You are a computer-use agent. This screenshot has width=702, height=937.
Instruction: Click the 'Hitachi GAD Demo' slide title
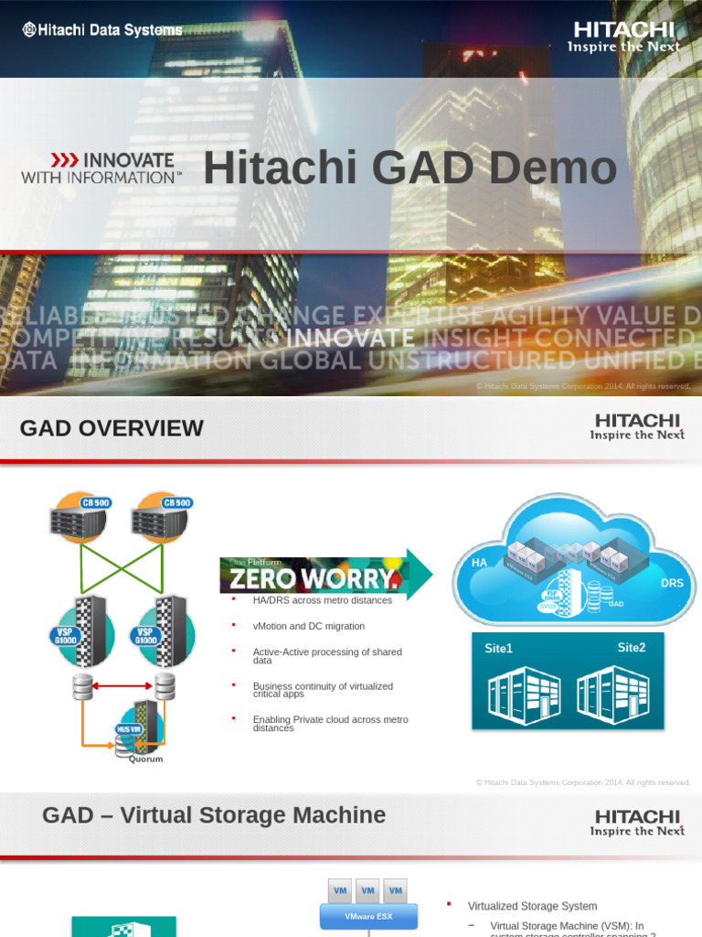click(x=409, y=169)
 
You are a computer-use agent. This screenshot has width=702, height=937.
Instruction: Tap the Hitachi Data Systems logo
click(x=101, y=30)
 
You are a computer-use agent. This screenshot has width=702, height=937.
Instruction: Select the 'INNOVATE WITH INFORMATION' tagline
click(x=101, y=168)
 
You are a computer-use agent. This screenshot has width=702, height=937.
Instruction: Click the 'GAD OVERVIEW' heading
click(x=112, y=428)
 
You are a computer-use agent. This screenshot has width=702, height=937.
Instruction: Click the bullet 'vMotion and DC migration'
click(x=308, y=626)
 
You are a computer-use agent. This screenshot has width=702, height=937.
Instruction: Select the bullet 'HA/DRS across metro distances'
click(x=322, y=600)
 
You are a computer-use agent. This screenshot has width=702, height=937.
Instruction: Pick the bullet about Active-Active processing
click(x=326, y=656)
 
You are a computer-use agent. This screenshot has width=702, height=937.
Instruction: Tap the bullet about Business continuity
click(x=322, y=690)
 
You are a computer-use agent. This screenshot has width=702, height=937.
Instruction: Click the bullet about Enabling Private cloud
click(x=330, y=724)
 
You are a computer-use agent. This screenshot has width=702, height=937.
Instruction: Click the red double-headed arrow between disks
click(x=124, y=684)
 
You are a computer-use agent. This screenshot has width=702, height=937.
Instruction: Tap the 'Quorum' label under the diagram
click(x=145, y=759)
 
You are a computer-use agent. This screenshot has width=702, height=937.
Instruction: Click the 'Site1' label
click(x=498, y=649)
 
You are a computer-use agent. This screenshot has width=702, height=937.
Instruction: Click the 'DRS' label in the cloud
click(x=671, y=582)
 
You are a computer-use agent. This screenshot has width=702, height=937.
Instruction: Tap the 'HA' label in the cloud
click(x=479, y=563)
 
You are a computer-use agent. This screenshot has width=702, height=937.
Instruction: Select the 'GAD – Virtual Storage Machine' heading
click(x=214, y=815)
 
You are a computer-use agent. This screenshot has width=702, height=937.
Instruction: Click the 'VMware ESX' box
click(x=367, y=916)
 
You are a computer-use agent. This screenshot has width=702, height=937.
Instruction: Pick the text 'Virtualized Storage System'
click(x=532, y=906)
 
